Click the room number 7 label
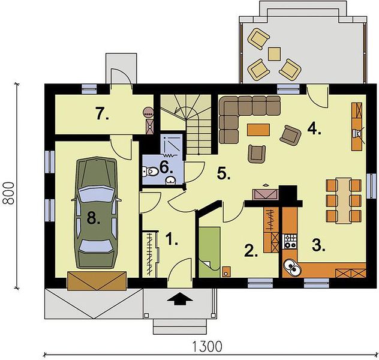click(x=102, y=114)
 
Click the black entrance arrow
click(x=180, y=299)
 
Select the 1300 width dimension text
click(x=207, y=346)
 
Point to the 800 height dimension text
click(x=9, y=194)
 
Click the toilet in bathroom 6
click(x=151, y=172)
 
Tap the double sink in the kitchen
click(x=291, y=267)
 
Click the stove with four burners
click(x=290, y=241)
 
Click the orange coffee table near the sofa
click(x=258, y=130)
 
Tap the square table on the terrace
click(x=274, y=53)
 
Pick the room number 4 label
click(x=314, y=130)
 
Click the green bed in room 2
click(x=209, y=252)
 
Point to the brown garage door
click(x=97, y=280)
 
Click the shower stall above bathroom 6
click(x=172, y=145)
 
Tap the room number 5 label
click(x=224, y=173)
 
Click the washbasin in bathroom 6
click(x=172, y=180)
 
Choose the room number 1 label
click(x=172, y=239)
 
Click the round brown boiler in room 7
click(x=148, y=112)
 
